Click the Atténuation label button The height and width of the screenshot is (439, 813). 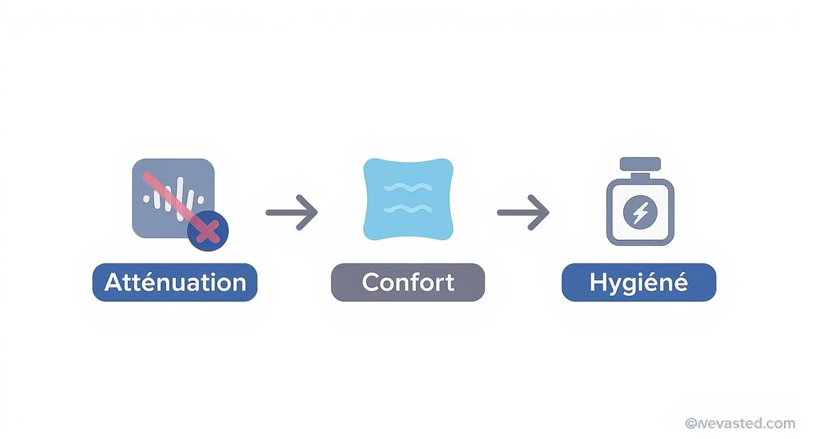click(x=175, y=283)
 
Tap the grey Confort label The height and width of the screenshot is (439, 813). click(x=408, y=283)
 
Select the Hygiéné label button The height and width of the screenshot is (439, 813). click(x=639, y=283)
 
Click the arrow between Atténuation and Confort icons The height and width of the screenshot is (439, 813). click(x=292, y=212)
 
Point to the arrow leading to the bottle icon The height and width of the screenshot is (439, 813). click(x=523, y=212)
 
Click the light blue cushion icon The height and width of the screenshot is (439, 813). click(x=408, y=199)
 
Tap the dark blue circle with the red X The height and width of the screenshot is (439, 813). click(x=208, y=231)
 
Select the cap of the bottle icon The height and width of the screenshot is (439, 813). click(x=640, y=164)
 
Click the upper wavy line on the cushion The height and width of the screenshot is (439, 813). click(x=408, y=187)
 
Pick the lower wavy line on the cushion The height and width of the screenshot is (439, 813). click(x=408, y=208)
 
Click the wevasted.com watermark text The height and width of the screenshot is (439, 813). click(x=741, y=423)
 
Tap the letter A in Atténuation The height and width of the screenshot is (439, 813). click(x=114, y=282)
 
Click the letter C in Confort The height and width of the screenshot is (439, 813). click(x=370, y=283)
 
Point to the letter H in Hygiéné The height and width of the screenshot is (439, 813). click(x=597, y=282)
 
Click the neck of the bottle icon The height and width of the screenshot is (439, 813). click(x=640, y=176)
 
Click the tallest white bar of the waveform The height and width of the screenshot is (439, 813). click(x=180, y=199)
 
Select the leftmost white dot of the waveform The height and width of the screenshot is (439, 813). click(x=146, y=199)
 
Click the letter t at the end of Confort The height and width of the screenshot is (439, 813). click(x=450, y=283)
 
